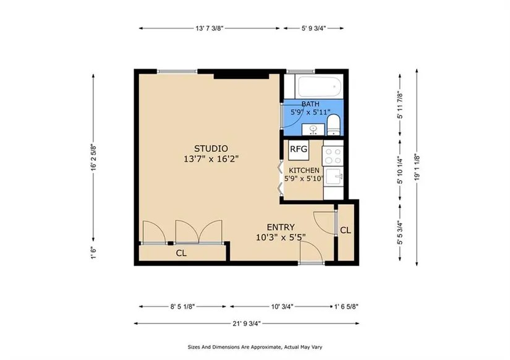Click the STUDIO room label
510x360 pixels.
[x=211, y=148]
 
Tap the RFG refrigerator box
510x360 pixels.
[x=299, y=150]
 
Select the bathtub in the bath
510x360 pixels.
[x=319, y=87]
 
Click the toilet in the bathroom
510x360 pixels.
[x=333, y=125]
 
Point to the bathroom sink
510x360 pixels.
[x=313, y=129]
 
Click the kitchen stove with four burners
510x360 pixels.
[x=333, y=156]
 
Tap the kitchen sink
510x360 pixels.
[x=334, y=177]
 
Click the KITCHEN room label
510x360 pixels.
[x=304, y=170]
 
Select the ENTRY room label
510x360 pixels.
[x=281, y=227]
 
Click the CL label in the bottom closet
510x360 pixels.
[x=181, y=253]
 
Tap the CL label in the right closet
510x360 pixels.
[x=346, y=230]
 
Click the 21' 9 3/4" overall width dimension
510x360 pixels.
[x=247, y=324]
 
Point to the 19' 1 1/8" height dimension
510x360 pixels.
[x=417, y=167]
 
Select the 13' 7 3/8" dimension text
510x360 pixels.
[x=210, y=28]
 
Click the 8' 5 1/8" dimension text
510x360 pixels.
[x=182, y=307]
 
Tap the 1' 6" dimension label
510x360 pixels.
[x=93, y=253]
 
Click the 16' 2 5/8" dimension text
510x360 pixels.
[x=93, y=158]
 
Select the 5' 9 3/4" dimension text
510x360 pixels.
[x=313, y=28]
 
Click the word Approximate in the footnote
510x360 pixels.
[x=266, y=347]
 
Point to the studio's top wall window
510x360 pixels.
[x=177, y=71]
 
